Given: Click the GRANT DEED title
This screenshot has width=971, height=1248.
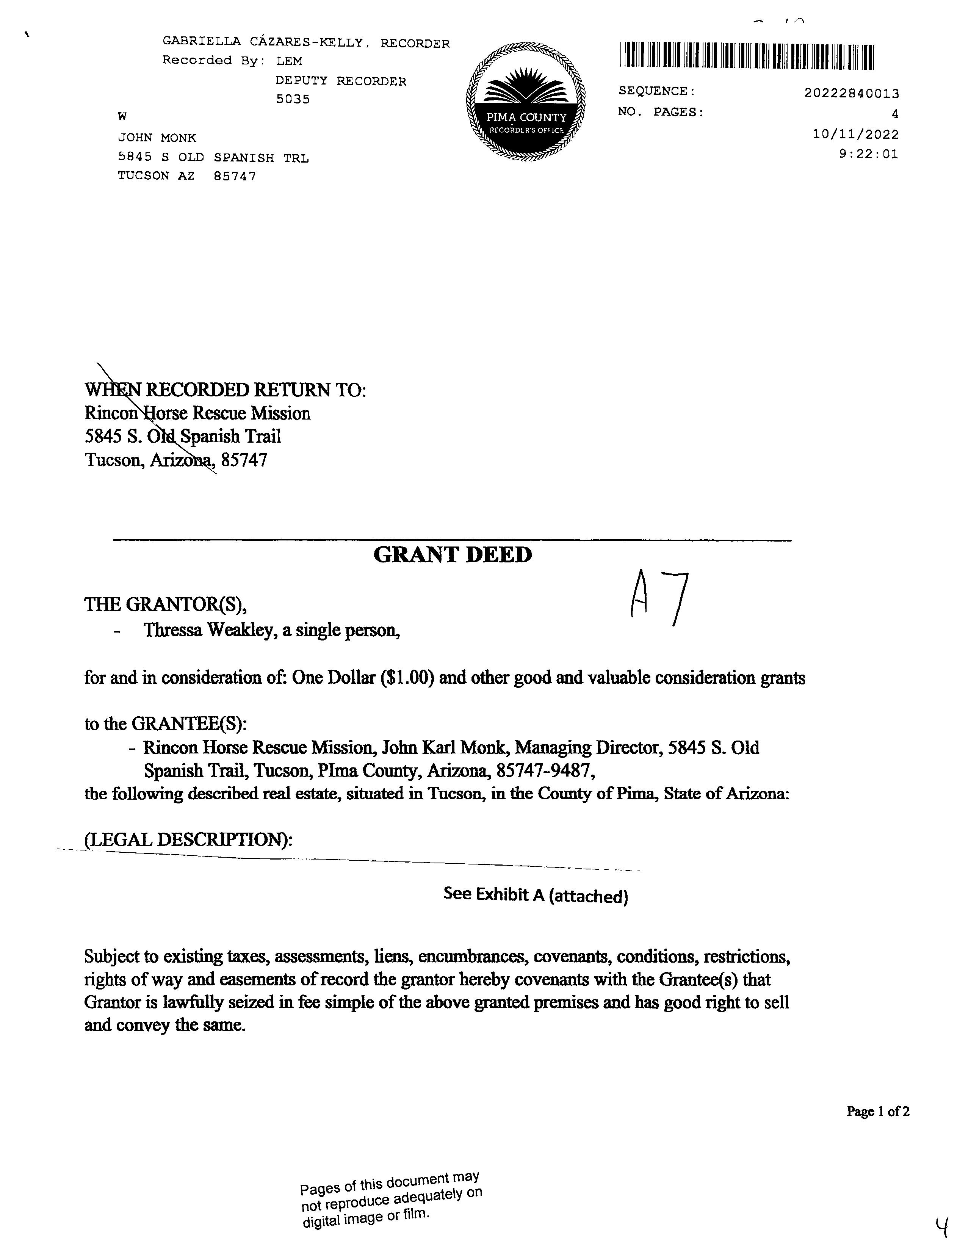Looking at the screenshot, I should [x=452, y=555].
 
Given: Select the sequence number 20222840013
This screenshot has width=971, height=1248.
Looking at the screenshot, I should [x=851, y=93].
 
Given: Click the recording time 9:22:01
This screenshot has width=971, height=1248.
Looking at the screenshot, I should [x=868, y=154].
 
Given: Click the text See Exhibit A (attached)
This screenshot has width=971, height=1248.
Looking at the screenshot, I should [x=536, y=895].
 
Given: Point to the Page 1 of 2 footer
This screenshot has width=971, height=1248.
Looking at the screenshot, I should [x=878, y=1112].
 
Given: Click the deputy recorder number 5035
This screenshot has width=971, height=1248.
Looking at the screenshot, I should [x=293, y=99].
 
